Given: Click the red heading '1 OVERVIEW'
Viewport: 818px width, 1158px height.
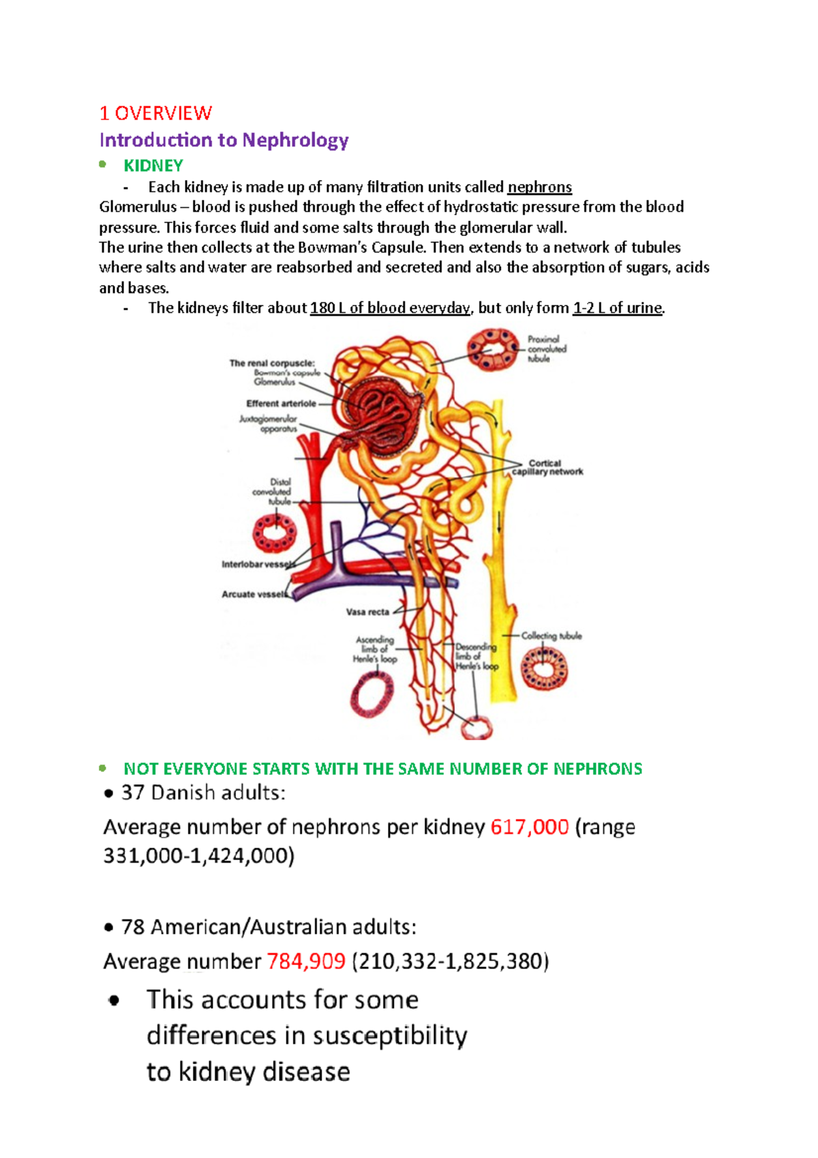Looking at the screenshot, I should point(155,113).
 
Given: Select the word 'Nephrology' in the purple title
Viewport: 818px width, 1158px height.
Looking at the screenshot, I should point(295,140).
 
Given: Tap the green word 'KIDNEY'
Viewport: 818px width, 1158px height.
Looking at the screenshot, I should point(153,166).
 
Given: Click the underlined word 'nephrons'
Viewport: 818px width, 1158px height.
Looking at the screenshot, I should point(540,188).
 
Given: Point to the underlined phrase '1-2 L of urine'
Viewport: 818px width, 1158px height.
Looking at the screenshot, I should point(618,308).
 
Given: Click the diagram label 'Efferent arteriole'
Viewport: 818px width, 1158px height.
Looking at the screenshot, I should point(281,404).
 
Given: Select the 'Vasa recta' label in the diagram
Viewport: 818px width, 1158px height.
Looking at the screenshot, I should point(367,612).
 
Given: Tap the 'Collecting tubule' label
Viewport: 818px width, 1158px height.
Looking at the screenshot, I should point(551,636).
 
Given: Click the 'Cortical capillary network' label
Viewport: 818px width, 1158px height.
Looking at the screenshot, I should point(547,468).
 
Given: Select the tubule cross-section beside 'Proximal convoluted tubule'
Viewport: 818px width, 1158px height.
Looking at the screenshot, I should point(493,349).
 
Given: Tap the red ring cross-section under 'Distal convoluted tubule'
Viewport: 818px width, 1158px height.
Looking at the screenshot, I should point(274,531).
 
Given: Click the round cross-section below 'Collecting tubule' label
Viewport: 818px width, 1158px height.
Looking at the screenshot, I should point(544,668).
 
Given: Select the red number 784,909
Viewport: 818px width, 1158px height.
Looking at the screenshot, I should point(306,962).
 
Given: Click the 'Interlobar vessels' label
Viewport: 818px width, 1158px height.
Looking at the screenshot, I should point(258,565).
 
